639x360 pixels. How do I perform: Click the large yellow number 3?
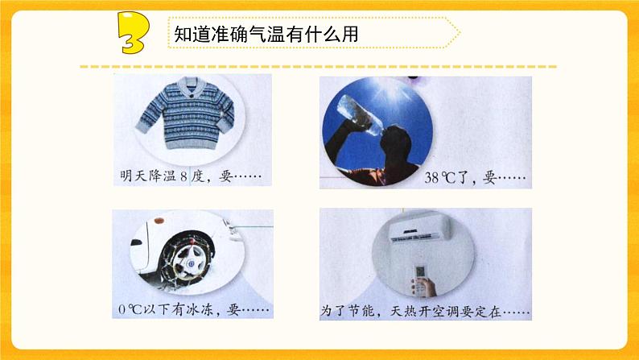(x=131, y=33)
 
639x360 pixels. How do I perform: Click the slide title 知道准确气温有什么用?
(x=266, y=33)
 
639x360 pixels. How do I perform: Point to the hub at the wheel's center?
(x=187, y=261)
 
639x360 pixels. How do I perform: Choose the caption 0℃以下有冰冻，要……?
(x=194, y=309)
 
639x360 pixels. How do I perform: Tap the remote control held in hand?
(x=421, y=274)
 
